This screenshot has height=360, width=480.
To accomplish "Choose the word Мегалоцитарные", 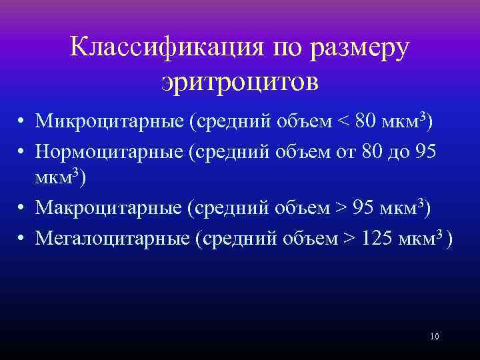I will coord(114,238).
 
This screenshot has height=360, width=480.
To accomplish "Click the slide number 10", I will coord(435,336).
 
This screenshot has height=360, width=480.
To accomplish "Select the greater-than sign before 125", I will coord(350,238).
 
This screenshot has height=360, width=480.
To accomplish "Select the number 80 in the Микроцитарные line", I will coord(367,123).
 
